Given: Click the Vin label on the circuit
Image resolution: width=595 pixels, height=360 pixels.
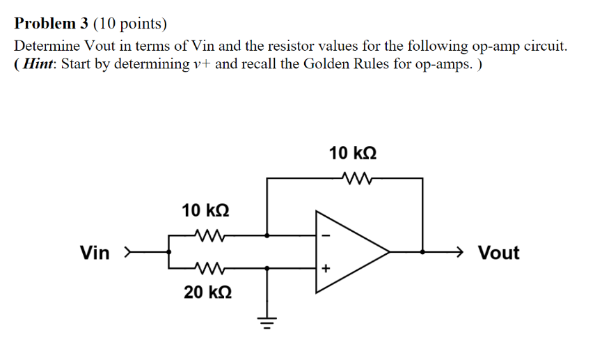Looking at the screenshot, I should click(95, 253).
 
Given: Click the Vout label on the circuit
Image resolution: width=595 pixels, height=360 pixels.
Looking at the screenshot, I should click(498, 253).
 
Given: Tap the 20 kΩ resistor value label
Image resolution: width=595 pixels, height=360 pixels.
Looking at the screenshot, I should click(208, 292).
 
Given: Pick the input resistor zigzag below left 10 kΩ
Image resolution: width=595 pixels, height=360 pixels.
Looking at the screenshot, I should click(208, 235).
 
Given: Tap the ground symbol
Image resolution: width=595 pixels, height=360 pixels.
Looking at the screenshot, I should click(268, 322).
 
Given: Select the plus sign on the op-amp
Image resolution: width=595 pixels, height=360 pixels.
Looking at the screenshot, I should click(324, 267).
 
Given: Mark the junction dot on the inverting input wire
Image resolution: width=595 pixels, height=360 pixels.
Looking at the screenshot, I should click(268, 235).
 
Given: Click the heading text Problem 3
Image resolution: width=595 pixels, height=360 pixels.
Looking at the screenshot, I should click(52, 24).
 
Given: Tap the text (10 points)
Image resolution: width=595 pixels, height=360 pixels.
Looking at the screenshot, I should click(132, 24).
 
